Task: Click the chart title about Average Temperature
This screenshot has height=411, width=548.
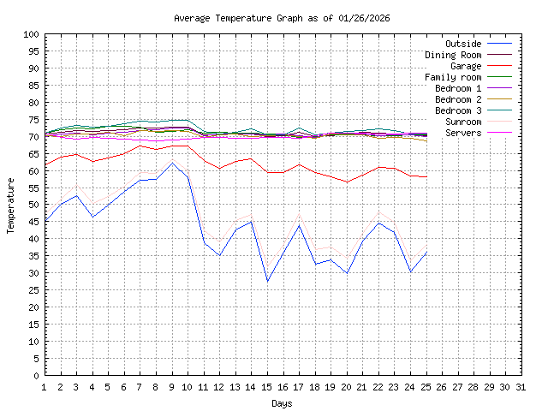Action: click(x=282, y=18)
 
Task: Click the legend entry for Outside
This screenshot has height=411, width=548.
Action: click(x=463, y=44)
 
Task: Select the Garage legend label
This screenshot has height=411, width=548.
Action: click(x=466, y=66)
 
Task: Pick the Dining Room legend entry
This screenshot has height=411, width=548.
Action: click(x=453, y=55)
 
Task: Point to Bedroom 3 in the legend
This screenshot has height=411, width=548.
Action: click(x=458, y=110)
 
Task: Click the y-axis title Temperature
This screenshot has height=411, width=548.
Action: click(x=11, y=205)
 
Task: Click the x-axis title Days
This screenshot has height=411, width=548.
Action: click(x=282, y=403)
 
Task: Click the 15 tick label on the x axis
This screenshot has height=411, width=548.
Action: click(x=268, y=387)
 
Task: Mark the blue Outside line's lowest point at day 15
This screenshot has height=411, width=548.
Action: click(x=268, y=282)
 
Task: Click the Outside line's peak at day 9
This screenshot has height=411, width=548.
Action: click(x=172, y=163)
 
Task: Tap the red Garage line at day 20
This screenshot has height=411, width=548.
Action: click(x=348, y=182)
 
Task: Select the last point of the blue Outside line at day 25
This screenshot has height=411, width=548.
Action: click(x=426, y=252)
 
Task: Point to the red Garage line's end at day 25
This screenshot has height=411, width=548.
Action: click(x=426, y=176)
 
